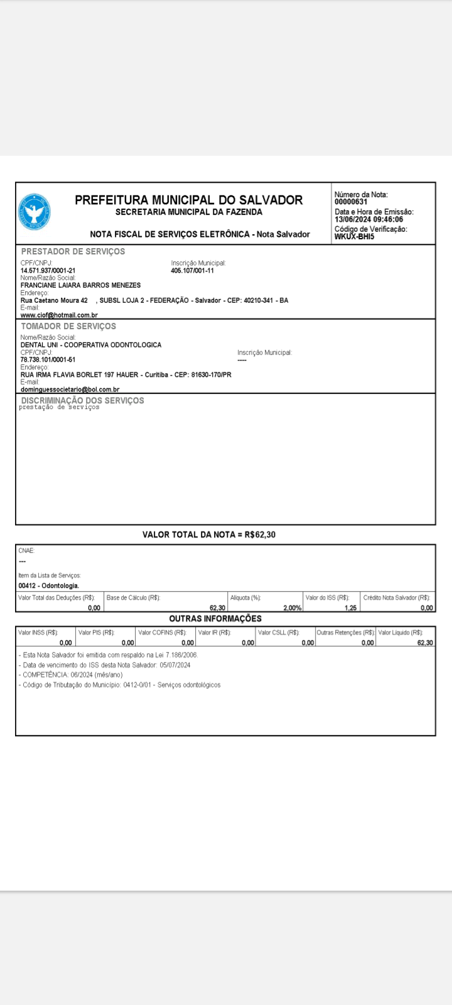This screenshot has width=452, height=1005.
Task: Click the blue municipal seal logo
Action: [x=35, y=211]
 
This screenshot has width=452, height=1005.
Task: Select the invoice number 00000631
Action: [x=351, y=202]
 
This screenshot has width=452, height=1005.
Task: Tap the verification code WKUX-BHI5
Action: [x=354, y=237]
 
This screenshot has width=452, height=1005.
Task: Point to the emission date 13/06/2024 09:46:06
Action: [x=369, y=220]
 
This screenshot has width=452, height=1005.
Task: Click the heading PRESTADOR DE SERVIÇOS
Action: [x=73, y=251]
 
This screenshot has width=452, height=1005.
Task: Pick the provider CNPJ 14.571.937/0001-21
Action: [x=48, y=271]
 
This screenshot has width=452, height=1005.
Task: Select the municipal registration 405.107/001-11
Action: [x=192, y=271]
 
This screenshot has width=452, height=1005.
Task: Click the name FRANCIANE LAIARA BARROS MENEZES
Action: [x=80, y=285]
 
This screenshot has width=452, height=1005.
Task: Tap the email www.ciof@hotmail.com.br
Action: [x=59, y=315]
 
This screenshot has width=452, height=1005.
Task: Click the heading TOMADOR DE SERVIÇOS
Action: [x=68, y=326]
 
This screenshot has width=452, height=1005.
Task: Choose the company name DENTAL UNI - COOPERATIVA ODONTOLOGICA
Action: [x=91, y=345]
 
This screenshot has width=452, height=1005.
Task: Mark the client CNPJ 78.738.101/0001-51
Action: [x=48, y=360]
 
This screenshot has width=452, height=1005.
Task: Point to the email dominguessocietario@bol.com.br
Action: [x=70, y=389]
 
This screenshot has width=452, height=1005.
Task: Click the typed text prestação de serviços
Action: [x=59, y=407]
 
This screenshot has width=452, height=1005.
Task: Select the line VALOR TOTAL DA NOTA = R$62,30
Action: [x=209, y=535]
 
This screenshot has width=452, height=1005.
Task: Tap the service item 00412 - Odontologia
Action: [x=49, y=586]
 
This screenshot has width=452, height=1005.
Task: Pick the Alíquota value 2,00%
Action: [x=292, y=608]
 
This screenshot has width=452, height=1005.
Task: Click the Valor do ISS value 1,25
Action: [x=350, y=608]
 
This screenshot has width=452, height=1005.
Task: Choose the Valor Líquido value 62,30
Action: [x=425, y=643]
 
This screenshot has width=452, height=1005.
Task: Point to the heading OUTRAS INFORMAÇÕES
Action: [x=215, y=619]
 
